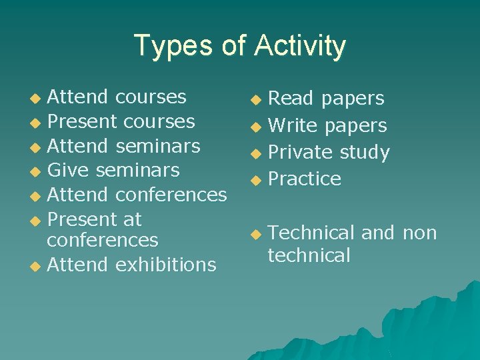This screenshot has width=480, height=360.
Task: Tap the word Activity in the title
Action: coord(300,46)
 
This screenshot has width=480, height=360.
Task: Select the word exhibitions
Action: coord(165,265)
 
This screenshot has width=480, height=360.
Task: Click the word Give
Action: coord(69,170)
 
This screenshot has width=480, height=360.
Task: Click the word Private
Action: coord(301,152)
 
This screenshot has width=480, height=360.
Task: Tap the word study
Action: coord(365,152)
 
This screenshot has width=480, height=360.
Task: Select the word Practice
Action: coord(305,179)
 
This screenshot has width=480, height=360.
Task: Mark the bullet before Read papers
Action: coord(255,100)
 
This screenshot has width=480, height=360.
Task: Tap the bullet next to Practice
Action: coord(255,180)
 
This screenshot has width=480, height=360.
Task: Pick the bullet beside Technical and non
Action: coord(255,234)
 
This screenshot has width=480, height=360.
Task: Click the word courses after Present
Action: coord(155,121)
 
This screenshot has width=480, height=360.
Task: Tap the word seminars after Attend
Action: coord(157,145)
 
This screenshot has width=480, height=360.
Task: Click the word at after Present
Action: coord(132,219)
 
